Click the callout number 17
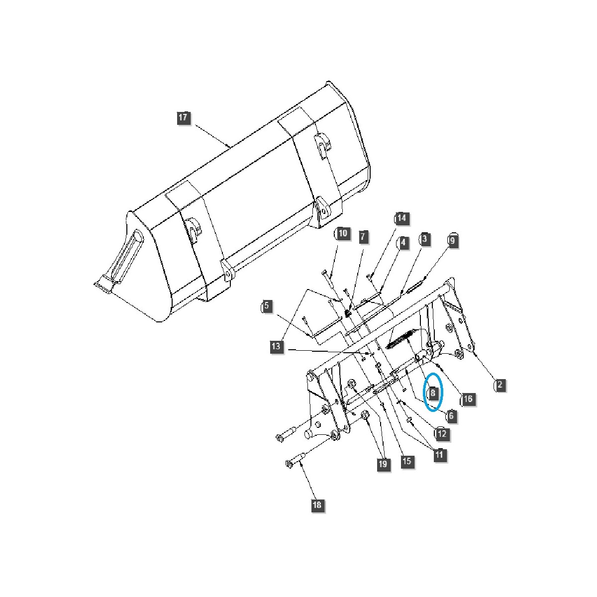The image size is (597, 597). [x=183, y=117]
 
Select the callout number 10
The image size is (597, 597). [x=343, y=233]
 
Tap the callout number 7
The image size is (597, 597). [x=363, y=237]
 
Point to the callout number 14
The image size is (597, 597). [x=401, y=218]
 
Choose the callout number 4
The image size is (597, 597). [x=402, y=242]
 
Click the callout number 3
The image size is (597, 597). [x=424, y=239]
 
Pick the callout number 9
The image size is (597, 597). [x=452, y=240]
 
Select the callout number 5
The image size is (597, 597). [x=267, y=305]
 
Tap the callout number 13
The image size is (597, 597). [x=277, y=346]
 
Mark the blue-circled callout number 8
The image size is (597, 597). [x=433, y=393]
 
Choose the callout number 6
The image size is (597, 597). [x=451, y=415]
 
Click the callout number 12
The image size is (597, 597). [x=442, y=433]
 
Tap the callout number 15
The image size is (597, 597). [x=406, y=461]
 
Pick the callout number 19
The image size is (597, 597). [x=382, y=464]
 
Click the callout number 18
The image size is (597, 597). [x=317, y=505]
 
